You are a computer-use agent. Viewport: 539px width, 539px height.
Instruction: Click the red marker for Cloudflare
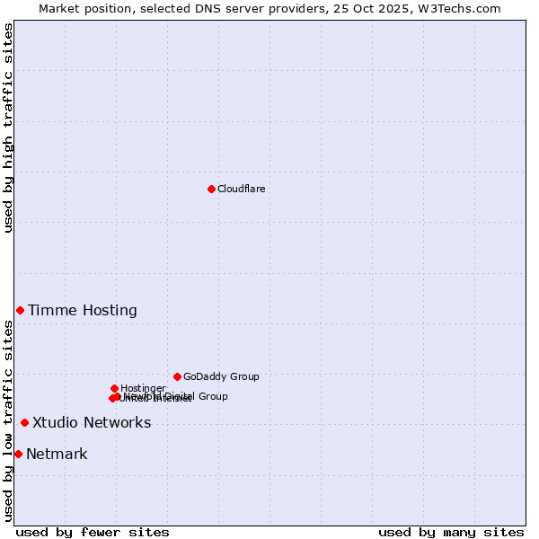click(211, 189)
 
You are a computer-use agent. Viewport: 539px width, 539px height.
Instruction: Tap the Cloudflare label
click(241, 189)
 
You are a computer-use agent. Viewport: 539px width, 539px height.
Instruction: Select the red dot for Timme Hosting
click(20, 310)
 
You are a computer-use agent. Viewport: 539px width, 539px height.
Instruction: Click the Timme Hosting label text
click(83, 311)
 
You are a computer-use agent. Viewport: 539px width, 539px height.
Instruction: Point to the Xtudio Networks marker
click(24, 422)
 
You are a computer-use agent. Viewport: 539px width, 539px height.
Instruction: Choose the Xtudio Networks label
click(92, 423)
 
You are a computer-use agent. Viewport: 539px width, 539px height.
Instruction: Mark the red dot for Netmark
click(18, 454)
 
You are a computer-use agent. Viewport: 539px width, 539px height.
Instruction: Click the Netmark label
click(57, 455)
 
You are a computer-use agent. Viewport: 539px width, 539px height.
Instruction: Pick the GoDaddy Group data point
click(177, 376)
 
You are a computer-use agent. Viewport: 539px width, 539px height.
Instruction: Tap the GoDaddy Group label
click(221, 377)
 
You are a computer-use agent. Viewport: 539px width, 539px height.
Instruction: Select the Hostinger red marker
click(114, 388)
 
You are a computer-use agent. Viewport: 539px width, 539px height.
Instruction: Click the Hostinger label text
click(143, 388)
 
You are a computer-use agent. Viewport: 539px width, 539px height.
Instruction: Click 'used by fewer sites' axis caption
click(93, 532)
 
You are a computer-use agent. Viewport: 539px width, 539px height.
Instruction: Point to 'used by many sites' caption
click(451, 532)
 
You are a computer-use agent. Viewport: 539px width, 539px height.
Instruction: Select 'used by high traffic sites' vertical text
click(9, 128)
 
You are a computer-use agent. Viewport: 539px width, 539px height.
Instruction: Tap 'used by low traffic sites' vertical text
click(9, 420)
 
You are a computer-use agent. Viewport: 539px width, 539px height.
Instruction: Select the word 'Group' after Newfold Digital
click(213, 396)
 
